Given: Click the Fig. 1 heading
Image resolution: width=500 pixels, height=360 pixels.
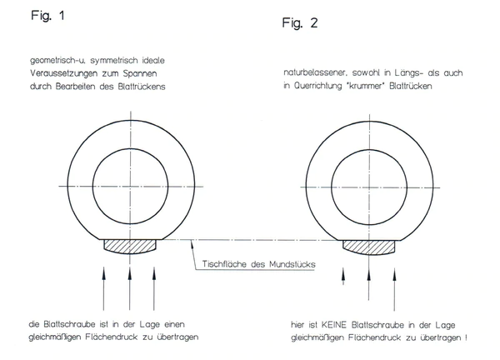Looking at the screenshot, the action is pos(47,15).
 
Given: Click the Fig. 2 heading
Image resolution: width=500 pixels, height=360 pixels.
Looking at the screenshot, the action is pos(300,23).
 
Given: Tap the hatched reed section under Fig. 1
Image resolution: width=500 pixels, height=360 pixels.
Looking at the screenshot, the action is pos(130,247).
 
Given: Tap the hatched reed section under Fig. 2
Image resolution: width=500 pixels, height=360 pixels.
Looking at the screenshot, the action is pos(369,247).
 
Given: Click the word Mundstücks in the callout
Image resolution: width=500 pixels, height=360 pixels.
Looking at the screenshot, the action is pos(292,264).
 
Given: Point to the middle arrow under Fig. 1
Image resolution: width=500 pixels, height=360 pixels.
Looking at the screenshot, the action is pos(129,288).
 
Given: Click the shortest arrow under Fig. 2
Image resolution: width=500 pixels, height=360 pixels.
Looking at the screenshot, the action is pos(343,276).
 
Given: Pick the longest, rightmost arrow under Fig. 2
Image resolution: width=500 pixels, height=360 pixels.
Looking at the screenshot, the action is pos(394,289).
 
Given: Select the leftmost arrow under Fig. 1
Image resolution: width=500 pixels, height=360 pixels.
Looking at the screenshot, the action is pos(103,288).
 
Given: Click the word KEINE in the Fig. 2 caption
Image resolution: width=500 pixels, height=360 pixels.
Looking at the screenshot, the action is pos(334,325).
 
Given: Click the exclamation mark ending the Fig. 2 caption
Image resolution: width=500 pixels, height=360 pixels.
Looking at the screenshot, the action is pos(466,337).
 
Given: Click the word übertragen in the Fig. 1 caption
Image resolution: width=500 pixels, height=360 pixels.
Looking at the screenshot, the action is pos(177,337).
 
